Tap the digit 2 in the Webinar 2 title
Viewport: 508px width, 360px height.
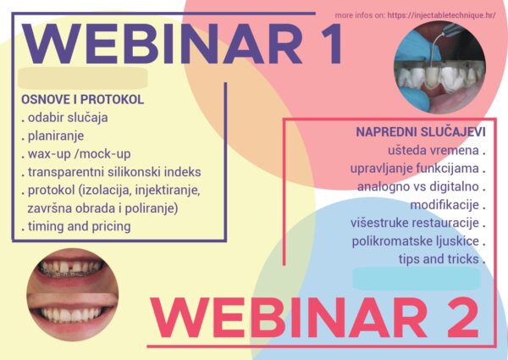[x=460, y=318]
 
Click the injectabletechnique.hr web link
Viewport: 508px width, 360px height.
[x=441, y=15]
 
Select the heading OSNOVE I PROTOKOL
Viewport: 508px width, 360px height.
[x=83, y=99]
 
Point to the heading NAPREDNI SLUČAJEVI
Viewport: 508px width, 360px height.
[x=421, y=132]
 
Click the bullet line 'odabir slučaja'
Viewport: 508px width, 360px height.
[x=65, y=118]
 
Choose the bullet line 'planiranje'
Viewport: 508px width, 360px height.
[x=52, y=136]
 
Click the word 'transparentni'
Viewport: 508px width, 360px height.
[x=66, y=173]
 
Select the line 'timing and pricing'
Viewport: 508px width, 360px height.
[x=76, y=226]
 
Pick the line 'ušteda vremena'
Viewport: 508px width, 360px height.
[x=436, y=150]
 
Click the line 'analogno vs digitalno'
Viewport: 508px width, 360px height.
[x=421, y=186]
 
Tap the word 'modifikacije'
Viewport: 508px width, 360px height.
[x=444, y=205]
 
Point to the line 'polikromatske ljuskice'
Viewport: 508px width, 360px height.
[x=418, y=241]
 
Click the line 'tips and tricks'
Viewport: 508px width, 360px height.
[x=442, y=259]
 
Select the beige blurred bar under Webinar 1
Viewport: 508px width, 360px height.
[x=83, y=78]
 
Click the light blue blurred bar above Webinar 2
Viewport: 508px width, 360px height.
[x=417, y=279]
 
